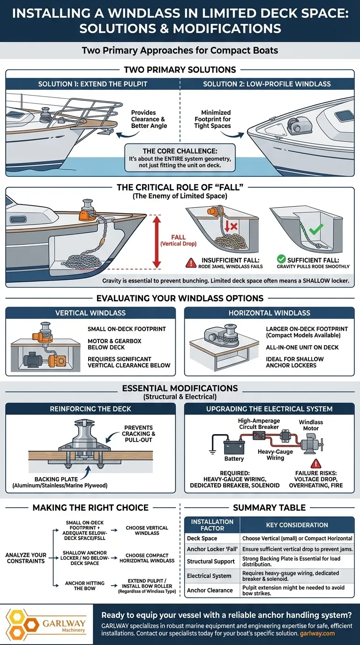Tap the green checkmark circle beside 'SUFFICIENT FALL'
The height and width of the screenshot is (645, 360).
coord(281,259)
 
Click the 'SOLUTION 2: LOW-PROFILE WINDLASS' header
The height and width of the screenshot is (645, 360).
coord(267,83)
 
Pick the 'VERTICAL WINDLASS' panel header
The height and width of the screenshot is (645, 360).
coord(90,313)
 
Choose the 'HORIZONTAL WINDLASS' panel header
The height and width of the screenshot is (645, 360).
coord(269,313)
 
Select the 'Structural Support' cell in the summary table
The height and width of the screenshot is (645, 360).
coord(210,561)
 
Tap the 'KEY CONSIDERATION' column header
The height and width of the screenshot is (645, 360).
coord(297,525)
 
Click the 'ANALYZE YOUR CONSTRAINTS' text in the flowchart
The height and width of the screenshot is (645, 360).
coord(26,558)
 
